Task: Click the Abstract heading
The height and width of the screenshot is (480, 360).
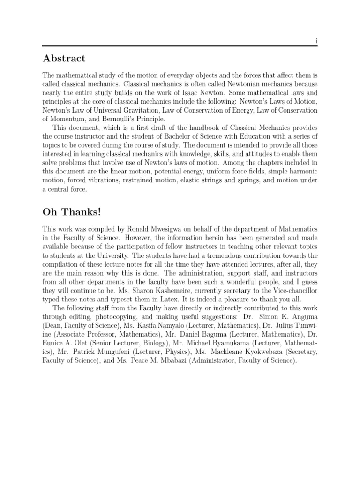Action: click(64, 59)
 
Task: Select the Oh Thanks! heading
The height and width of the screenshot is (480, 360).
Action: click(71, 212)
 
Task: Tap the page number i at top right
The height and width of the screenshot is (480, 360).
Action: click(316, 41)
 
